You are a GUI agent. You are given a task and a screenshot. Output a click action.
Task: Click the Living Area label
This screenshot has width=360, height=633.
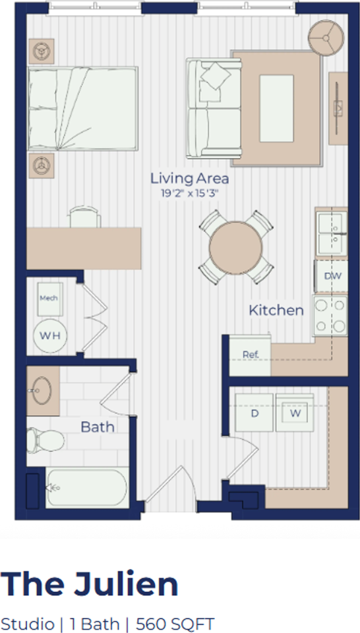(x=189, y=179)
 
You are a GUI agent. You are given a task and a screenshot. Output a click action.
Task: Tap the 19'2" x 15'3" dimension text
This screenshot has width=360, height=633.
(x=189, y=193)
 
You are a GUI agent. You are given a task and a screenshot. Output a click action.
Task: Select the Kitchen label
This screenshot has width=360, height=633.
(x=276, y=311)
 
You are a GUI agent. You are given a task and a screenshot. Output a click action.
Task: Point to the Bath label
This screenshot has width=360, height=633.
(x=98, y=427)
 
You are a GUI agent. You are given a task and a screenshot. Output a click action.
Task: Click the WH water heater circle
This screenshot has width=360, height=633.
(x=51, y=336)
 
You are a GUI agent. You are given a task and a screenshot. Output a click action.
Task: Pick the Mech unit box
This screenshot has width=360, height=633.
(x=50, y=299)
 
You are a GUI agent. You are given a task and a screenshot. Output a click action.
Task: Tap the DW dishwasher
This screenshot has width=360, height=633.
(x=331, y=276)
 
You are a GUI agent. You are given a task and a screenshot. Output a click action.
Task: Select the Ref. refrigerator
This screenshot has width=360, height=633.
(x=250, y=355)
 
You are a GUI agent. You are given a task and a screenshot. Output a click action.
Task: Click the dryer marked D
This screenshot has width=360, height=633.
(x=255, y=413)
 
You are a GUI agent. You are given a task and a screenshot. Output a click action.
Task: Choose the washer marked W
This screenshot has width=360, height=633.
(x=295, y=413)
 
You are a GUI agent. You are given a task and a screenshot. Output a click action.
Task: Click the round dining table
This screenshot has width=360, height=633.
(x=235, y=247)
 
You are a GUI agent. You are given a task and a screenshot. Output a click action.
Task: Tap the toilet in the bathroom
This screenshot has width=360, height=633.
(x=45, y=440)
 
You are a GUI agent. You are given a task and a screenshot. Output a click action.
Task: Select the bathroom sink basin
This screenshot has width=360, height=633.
(x=42, y=391)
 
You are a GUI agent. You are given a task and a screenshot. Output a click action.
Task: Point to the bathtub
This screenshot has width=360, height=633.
(x=87, y=487)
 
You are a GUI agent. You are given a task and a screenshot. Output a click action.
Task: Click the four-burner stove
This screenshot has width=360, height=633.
(x=330, y=316)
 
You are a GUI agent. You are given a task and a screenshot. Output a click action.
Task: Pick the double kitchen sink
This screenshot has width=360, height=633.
(x=331, y=233)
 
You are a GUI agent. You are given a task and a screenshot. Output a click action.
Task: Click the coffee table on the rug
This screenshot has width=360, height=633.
(x=276, y=108)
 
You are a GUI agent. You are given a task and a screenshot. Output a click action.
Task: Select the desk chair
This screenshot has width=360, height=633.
(x=85, y=218)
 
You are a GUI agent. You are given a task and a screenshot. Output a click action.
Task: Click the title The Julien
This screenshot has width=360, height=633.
(x=89, y=584)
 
